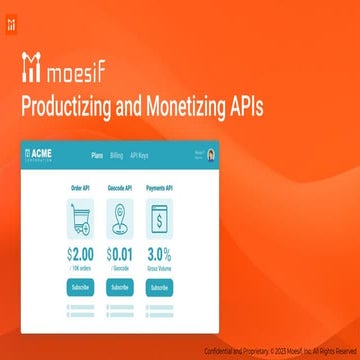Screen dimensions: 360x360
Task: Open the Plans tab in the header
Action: click(x=98, y=156)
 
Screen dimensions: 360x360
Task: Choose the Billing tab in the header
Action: click(x=117, y=156)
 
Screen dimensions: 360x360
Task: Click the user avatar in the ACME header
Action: click(x=211, y=156)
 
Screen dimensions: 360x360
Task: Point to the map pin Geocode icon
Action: click(x=121, y=218)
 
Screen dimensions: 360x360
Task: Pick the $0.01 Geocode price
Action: click(x=121, y=256)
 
